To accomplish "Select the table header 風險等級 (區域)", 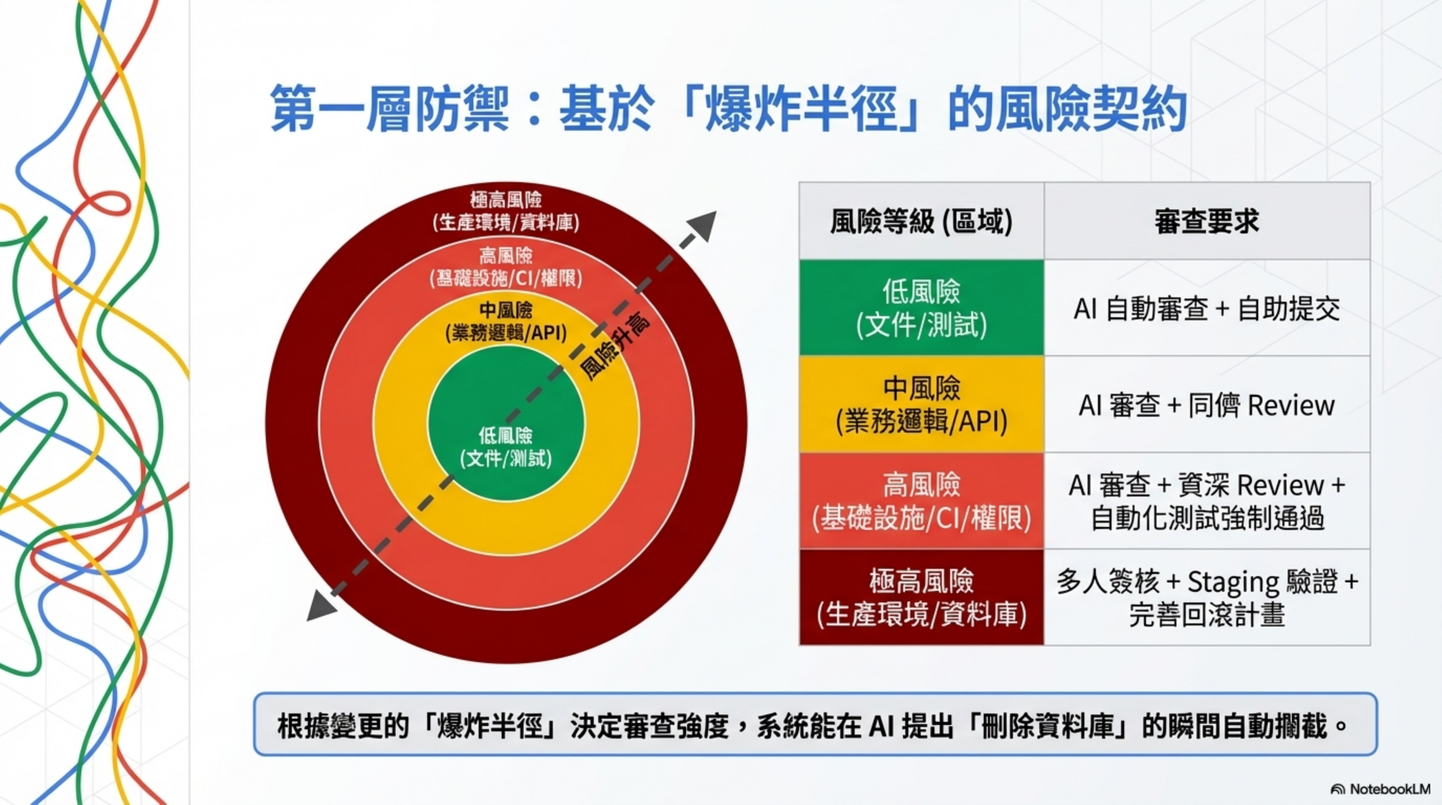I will (921, 221).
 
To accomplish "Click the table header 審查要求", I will (1207, 221).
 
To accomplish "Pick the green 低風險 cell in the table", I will (921, 308).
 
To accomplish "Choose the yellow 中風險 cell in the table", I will (921, 404).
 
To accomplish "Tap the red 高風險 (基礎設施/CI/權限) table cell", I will (921, 501).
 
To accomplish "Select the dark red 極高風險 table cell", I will (921, 597).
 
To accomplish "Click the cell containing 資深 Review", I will (1207, 501).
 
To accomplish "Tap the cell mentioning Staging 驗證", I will (1207, 597).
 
